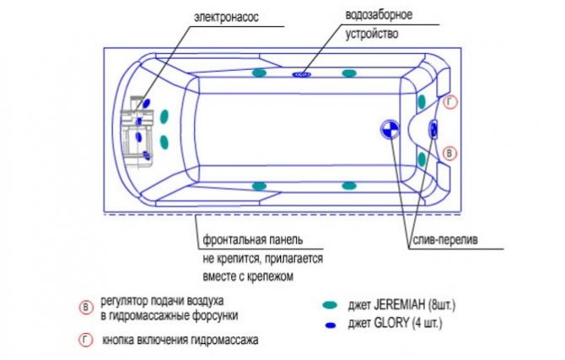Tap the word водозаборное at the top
click(375, 16)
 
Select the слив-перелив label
click(444, 239)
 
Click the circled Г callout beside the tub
click(450, 102)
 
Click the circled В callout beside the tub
click(450, 153)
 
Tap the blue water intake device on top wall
click(302, 74)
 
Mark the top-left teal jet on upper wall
click(259, 74)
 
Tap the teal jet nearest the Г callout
click(421, 102)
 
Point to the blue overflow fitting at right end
click(433, 129)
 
